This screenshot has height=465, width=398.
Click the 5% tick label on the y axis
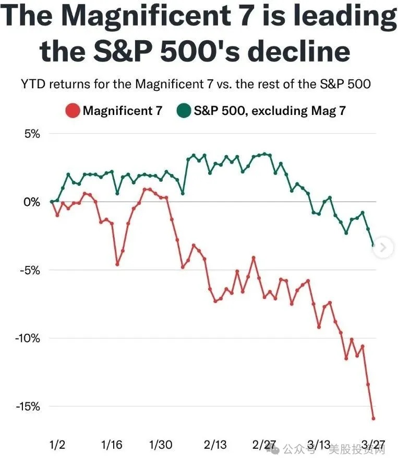pyautogui.click(x=31, y=134)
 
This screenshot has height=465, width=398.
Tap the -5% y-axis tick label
pyautogui.click(x=29, y=270)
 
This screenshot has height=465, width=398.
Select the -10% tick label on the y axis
pyautogui.click(x=27, y=338)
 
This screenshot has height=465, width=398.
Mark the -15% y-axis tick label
pyautogui.click(x=27, y=406)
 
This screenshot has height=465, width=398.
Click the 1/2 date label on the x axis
pyautogui.click(x=57, y=445)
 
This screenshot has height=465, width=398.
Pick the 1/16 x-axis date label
pyautogui.click(x=112, y=445)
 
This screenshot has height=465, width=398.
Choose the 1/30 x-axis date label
pyautogui.click(x=161, y=445)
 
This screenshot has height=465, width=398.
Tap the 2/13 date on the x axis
pyautogui.click(x=215, y=445)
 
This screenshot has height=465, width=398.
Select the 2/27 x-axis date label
pyautogui.click(x=264, y=445)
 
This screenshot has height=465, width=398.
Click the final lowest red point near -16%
pyautogui.click(x=373, y=418)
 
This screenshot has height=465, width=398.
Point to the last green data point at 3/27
pyautogui.click(x=373, y=245)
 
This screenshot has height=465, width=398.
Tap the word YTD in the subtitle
pyautogui.click(x=33, y=84)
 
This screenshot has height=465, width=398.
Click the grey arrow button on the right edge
pyautogui.click(x=383, y=247)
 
